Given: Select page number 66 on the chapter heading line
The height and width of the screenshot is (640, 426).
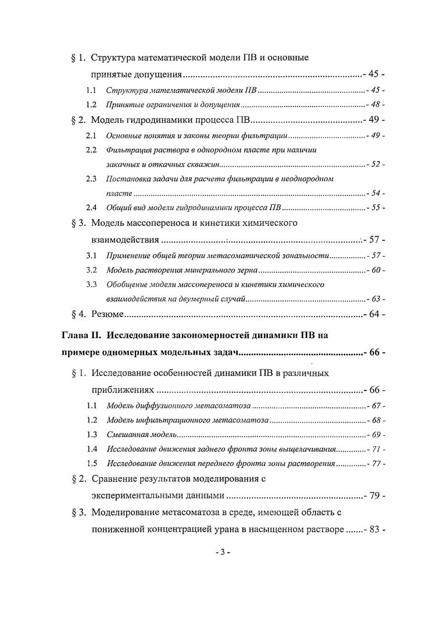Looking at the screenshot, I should pyautogui.click(x=373, y=353).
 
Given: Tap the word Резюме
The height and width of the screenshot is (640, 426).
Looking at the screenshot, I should pyautogui.click(x=107, y=315).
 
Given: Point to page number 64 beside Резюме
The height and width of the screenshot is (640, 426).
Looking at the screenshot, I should pyautogui.click(x=373, y=315).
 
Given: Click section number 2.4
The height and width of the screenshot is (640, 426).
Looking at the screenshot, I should pyautogui.click(x=91, y=208).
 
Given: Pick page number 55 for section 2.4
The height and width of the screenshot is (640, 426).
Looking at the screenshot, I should pyautogui.click(x=375, y=208).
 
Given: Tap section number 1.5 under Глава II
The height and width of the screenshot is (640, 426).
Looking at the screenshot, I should pyautogui.click(x=91, y=464).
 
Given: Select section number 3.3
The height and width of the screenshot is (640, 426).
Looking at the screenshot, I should pyautogui.click(x=91, y=285).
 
